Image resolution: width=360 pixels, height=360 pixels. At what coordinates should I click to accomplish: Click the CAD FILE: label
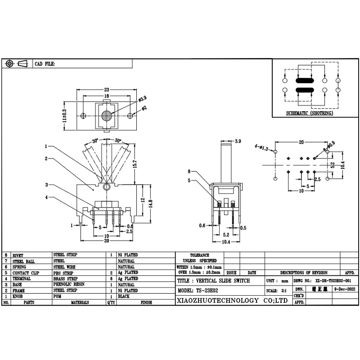coord(45,64)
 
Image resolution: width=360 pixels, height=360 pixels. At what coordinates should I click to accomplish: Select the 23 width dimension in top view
coord(107,89)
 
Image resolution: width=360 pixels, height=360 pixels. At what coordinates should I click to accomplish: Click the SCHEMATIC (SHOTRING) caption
coord(310,113)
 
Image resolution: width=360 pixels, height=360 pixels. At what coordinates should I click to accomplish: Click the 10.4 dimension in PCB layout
coord(343,165)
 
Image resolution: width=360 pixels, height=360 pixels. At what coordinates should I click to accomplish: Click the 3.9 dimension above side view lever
coord(238,141)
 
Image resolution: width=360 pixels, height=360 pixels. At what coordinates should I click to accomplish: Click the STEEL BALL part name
coord(24,261)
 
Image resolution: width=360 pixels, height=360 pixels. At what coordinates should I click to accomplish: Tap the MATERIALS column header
coord(79,303)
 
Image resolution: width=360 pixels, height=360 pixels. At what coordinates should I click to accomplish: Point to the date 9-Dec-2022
coord(344,290)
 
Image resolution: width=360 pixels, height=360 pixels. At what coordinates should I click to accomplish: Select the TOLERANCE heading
coord(199,255)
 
